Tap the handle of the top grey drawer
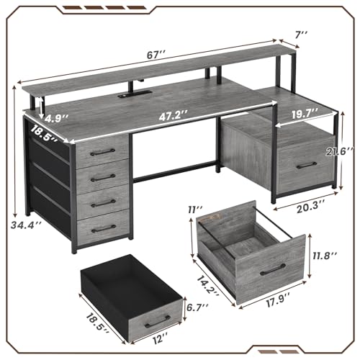click(x=104, y=151)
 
